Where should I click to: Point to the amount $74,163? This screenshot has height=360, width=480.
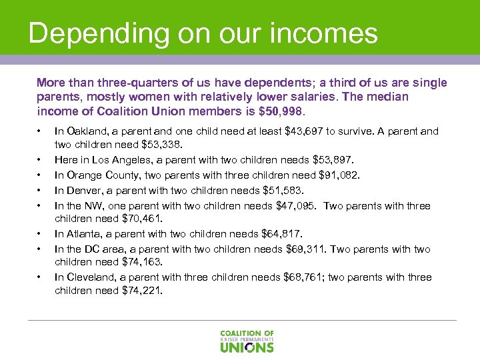click(x=145, y=262)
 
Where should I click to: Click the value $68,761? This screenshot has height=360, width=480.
click(x=306, y=277)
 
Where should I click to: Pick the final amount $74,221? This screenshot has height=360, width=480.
click(x=145, y=290)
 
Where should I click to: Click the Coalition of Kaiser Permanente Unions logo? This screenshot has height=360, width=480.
click(x=247, y=340)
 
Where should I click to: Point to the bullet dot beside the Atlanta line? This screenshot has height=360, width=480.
click(x=40, y=234)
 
